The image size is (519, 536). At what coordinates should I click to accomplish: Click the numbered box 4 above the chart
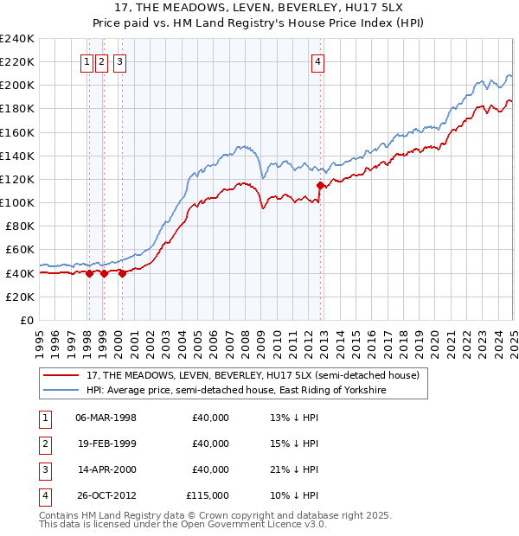point(318,61)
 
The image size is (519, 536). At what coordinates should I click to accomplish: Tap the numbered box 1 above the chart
point(88,61)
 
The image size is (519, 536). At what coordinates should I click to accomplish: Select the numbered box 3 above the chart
point(119,61)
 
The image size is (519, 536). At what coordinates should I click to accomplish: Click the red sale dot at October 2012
point(321,185)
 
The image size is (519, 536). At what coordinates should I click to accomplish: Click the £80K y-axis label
point(20,227)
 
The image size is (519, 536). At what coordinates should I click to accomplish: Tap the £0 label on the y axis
point(26,320)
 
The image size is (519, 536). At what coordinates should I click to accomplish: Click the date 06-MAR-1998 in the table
point(106,418)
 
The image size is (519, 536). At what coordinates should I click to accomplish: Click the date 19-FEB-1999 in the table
point(106,444)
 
